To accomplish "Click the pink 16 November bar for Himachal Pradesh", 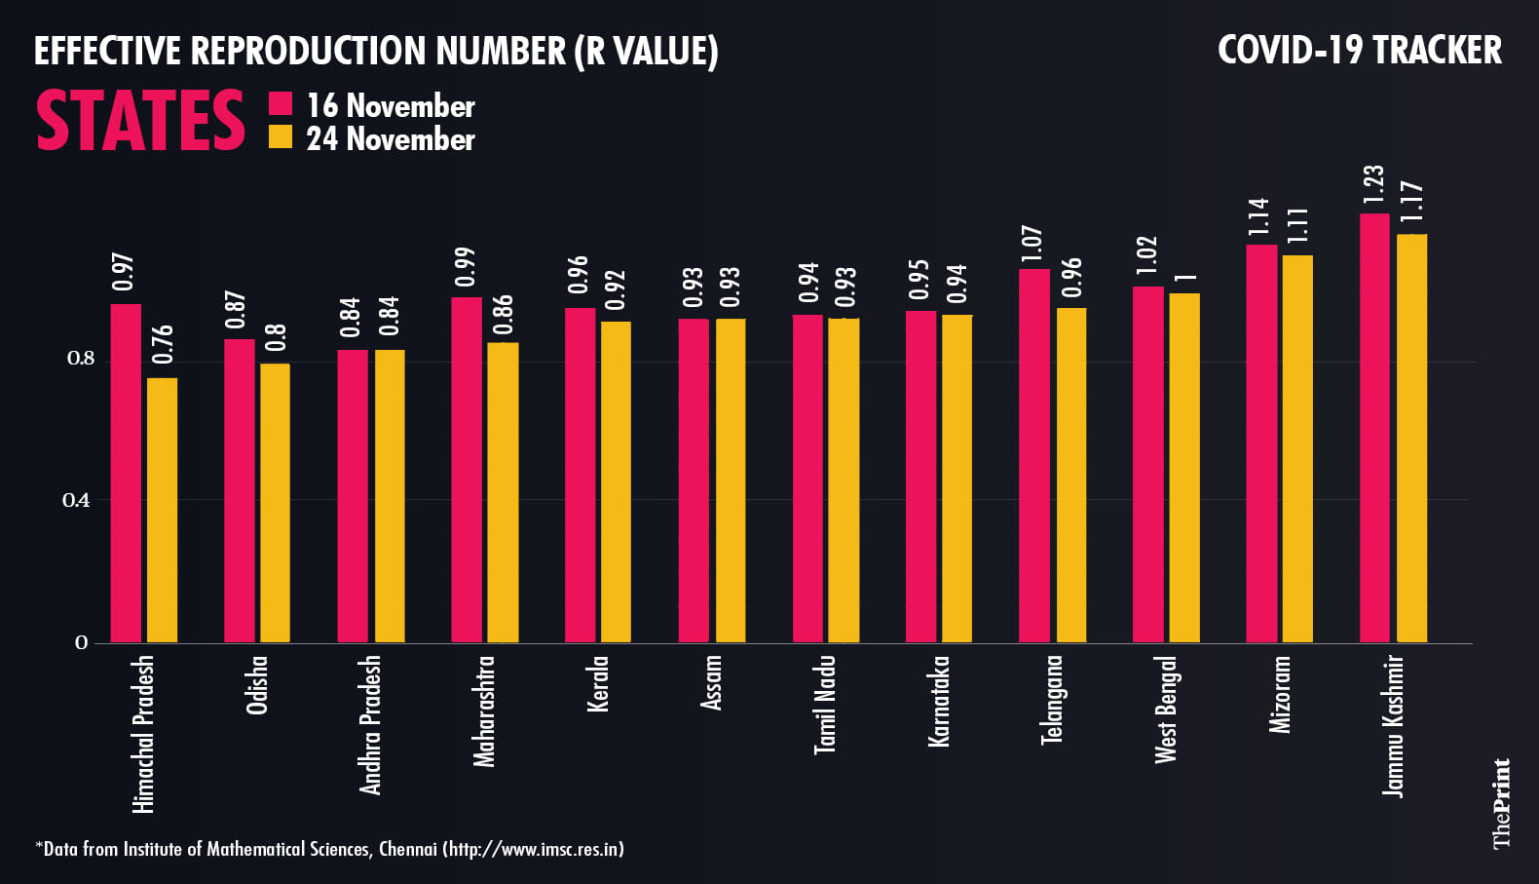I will tap(126, 474).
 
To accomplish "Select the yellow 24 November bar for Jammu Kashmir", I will tap(1411, 439).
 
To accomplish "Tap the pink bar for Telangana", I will tap(1034, 456).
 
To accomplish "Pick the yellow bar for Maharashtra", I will tap(503, 492).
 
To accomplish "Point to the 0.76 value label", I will tap(163, 344).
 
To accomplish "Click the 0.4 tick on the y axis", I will tap(76, 501).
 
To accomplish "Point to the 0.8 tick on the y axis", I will tap(81, 359).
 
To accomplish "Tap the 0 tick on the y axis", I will tap(81, 642).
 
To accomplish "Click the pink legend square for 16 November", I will tap(281, 104).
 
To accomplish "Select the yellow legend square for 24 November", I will tap(281, 137).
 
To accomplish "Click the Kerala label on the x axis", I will tap(598, 683).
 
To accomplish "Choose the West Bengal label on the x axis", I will tap(1166, 710).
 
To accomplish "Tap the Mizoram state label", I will tap(1280, 694).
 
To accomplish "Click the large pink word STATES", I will tap(140, 121).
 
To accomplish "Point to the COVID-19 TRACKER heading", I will tap(1359, 51).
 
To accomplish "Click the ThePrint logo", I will tap(1501, 803).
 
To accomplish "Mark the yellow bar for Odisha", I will tap(275, 503).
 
